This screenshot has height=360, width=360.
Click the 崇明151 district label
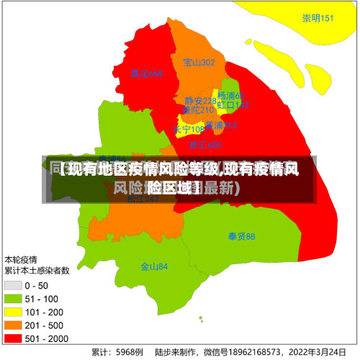[318, 18]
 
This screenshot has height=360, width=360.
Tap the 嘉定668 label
[147, 73]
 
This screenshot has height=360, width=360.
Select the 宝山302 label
[199, 63]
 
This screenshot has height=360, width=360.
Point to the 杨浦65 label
[231, 96]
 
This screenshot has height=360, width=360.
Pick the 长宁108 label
[189, 130]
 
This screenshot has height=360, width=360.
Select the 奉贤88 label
[241, 236]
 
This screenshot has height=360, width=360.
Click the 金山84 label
[154, 266]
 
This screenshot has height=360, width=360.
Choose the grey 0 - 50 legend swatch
[14, 286]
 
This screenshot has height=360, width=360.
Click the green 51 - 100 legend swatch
[14, 299]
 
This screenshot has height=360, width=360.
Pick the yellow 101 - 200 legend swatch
[14, 312]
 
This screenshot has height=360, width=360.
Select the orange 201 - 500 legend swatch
[14, 325]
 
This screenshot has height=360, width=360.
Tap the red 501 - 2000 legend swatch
[14, 338]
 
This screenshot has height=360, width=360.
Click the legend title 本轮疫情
[22, 258]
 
